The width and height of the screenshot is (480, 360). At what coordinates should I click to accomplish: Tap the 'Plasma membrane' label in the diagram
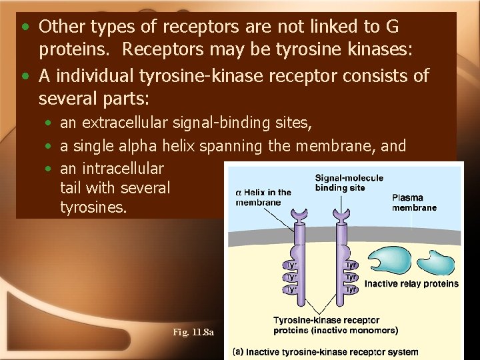[414, 203]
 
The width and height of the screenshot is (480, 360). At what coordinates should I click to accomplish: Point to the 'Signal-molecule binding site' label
[349, 183]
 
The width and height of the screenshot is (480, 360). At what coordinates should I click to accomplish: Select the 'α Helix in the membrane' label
[263, 197]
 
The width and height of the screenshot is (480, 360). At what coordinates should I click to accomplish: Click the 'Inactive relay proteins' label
[411, 283]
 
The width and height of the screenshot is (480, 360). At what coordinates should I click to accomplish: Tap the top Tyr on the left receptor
[291, 265]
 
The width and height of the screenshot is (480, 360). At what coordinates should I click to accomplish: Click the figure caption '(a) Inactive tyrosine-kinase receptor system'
[326, 352]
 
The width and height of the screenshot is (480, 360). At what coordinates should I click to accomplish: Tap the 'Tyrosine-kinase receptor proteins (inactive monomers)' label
[336, 325]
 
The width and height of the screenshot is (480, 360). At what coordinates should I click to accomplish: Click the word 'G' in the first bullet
[392, 27]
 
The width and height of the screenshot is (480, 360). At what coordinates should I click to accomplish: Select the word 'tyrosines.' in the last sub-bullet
[93, 207]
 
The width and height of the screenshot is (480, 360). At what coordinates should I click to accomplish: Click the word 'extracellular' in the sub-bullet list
[119, 123]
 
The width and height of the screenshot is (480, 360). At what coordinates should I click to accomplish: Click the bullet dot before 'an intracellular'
[50, 169]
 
